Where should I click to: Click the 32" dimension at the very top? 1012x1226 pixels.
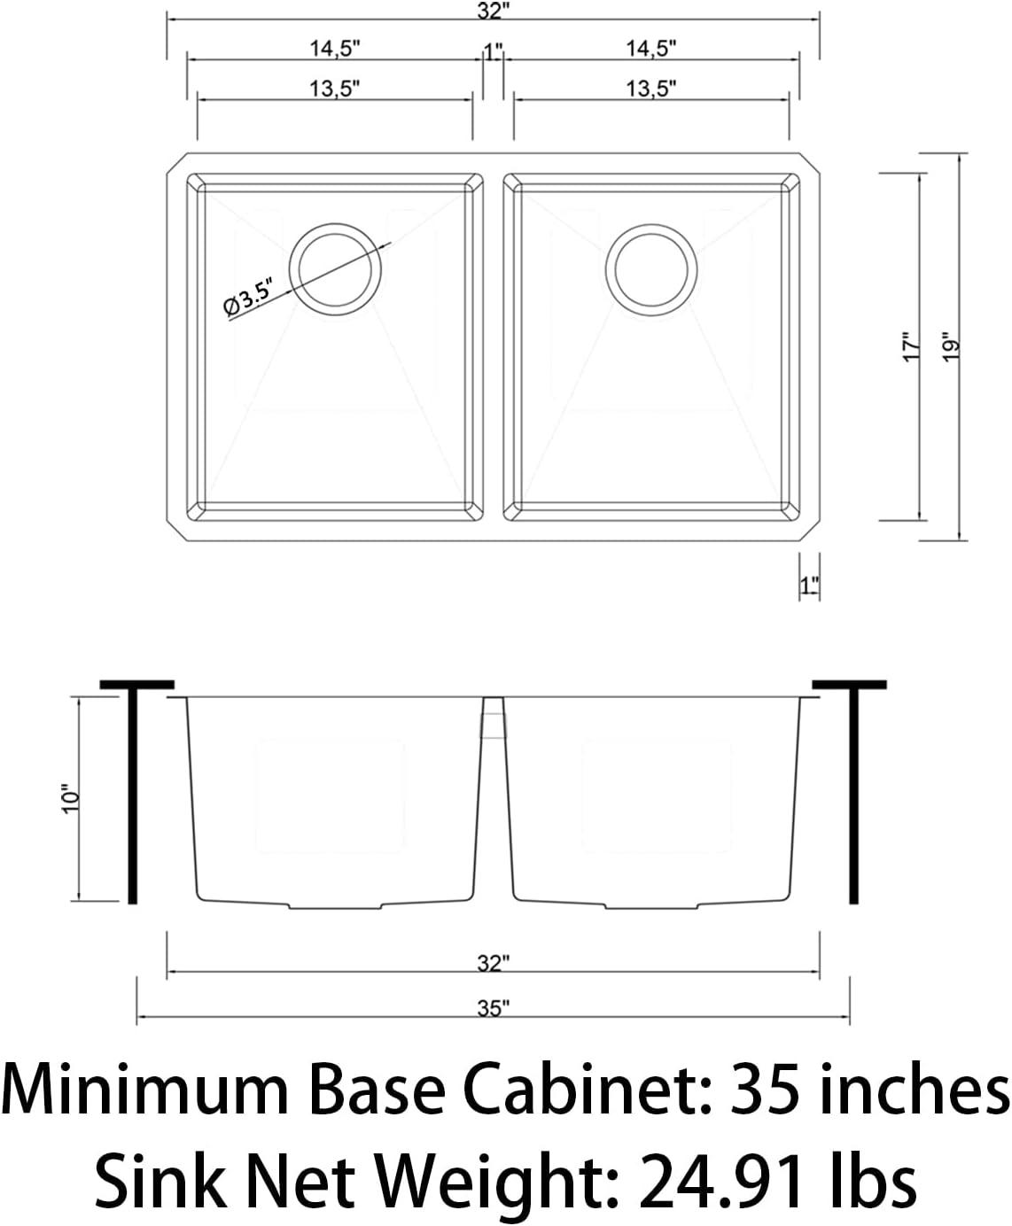point(493,12)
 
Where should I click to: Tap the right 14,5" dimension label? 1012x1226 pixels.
point(651,49)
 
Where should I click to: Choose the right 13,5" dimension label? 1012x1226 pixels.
point(651,88)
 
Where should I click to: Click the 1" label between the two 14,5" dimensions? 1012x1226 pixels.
point(494,51)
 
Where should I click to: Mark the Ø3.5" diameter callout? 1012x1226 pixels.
point(247,296)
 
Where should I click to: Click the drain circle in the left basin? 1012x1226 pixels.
point(336,267)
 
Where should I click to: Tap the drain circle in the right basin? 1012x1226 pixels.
point(651,267)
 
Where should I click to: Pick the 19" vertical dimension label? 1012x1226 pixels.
point(950,347)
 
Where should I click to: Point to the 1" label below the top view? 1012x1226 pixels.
point(808,586)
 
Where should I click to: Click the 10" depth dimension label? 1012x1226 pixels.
point(71,798)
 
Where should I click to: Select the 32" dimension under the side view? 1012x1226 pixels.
point(493,963)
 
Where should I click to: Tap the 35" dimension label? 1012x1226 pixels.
point(493,1008)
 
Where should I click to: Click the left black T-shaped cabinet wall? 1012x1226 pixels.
point(134,788)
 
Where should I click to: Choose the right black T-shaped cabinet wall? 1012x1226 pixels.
point(852,788)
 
